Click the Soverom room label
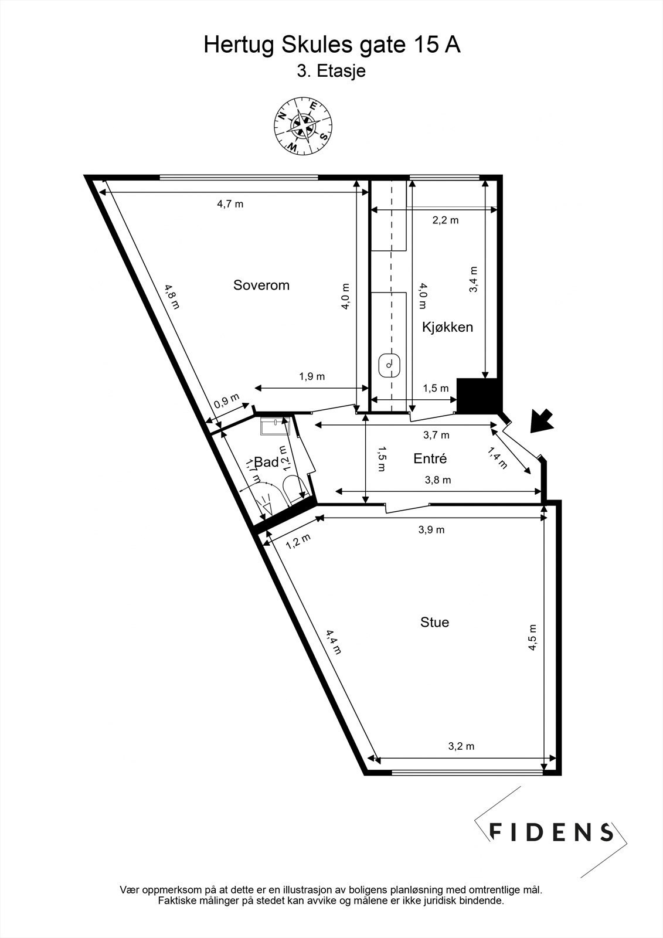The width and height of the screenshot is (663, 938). tap(261, 286)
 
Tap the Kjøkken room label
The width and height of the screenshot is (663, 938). tap(447, 327)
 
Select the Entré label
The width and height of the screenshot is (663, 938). tap(430, 458)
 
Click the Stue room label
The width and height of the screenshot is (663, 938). tap(434, 622)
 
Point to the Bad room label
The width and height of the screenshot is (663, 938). tap(267, 462)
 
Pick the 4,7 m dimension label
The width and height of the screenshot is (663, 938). tap(230, 204)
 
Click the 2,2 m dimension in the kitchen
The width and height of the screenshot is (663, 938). tap(446, 220)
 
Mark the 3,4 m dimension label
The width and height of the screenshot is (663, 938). tap(474, 280)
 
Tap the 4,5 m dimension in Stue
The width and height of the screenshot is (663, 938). tap(533, 637)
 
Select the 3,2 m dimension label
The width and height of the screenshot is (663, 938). tap(461, 746)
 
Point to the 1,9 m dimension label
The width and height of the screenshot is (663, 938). tap(312, 376)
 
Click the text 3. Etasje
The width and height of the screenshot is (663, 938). tap(331, 72)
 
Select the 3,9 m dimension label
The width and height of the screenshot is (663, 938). tap(431, 529)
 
